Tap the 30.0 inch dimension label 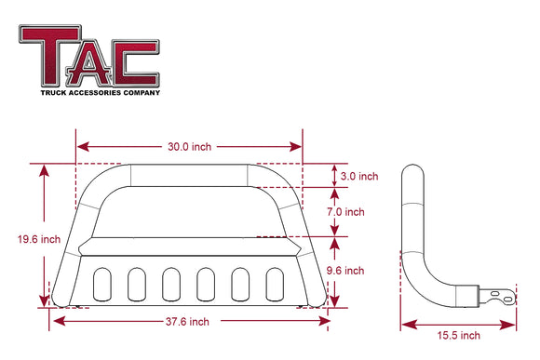coord(189,147)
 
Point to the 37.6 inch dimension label coord(189,321)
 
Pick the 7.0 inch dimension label coord(360,212)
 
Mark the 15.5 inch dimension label coord(457,335)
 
